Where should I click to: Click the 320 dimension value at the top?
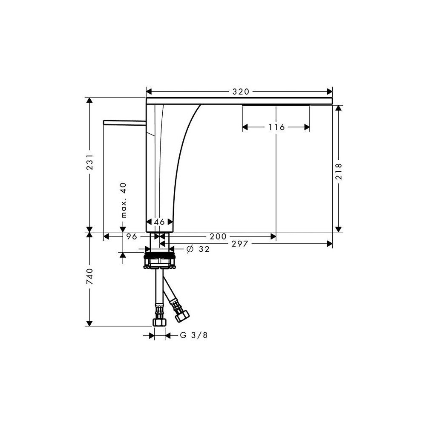tap(241, 92)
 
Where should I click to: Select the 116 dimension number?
tap(276, 127)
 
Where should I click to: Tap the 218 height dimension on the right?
tap(339, 171)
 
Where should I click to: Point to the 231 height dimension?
tap(89, 162)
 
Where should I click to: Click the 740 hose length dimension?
tap(89, 276)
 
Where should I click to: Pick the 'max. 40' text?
tap(124, 200)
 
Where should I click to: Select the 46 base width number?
tap(159, 222)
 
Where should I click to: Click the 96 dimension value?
tap(132, 236)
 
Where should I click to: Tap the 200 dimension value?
tap(218, 236)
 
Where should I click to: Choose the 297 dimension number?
tap(240, 244)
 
